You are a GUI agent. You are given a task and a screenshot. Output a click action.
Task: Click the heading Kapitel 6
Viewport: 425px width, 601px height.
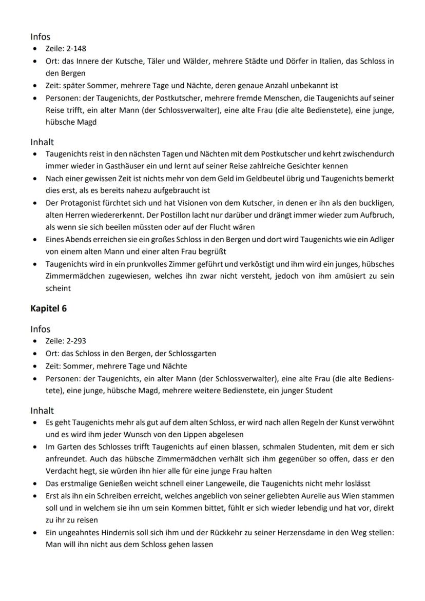point(48,308)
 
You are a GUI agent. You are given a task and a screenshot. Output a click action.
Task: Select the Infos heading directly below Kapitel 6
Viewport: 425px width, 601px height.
point(41,329)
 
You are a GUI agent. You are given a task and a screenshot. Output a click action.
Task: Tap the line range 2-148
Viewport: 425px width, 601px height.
point(74,50)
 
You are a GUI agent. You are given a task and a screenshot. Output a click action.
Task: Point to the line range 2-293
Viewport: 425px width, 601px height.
point(74,342)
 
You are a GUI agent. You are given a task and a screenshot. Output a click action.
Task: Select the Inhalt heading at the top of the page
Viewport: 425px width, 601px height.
point(42,142)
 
